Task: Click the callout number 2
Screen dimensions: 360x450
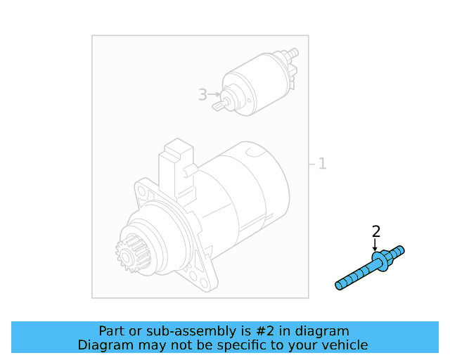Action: click(376, 231)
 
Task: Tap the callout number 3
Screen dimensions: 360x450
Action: click(202, 94)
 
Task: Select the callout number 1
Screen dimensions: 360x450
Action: click(322, 164)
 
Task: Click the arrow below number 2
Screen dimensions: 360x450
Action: click(375, 245)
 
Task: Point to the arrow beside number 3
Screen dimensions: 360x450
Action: click(214, 94)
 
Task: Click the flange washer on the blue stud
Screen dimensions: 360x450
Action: click(380, 262)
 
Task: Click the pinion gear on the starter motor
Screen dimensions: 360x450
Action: click(127, 256)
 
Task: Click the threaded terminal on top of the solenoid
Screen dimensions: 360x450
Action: click(291, 54)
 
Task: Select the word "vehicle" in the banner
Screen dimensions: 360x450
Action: click(344, 345)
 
